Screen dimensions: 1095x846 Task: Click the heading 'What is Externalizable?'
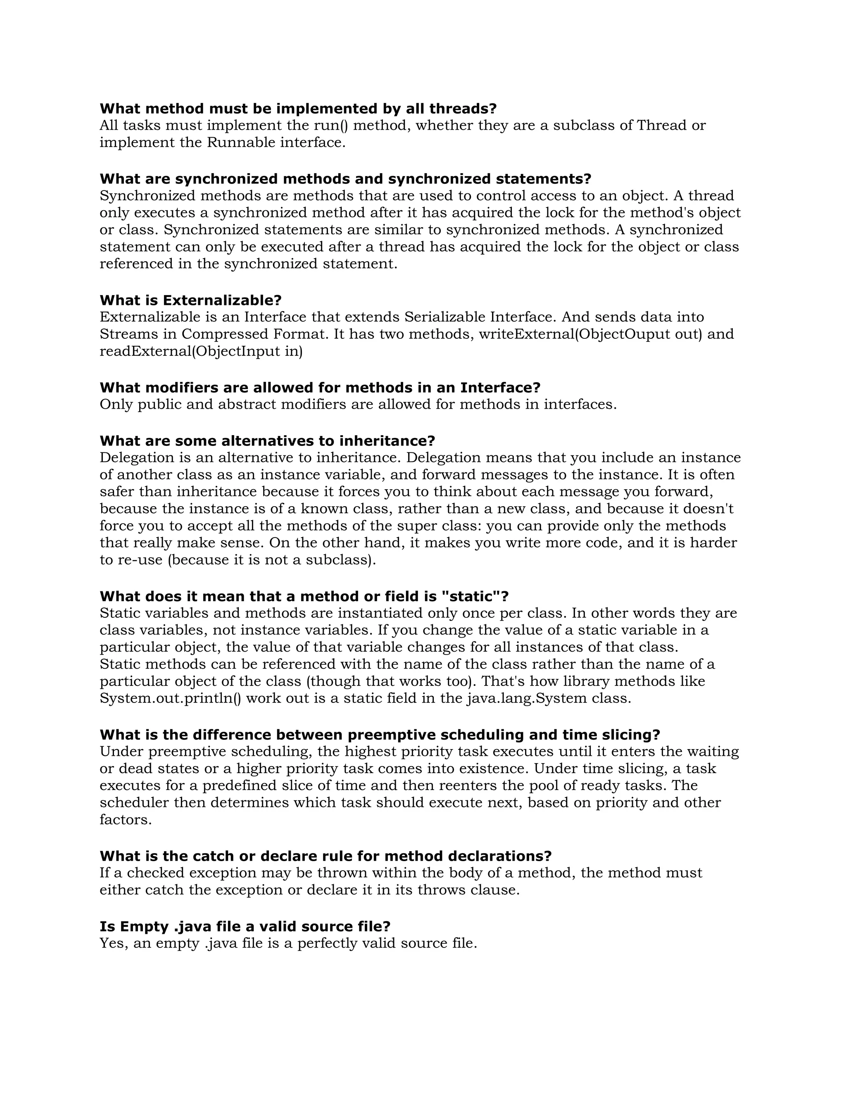coord(190,300)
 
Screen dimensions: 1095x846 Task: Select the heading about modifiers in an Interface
coord(320,388)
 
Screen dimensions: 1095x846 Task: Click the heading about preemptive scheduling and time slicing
coord(379,735)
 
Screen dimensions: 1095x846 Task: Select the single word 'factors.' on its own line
coord(125,820)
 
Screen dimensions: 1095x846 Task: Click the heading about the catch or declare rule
coord(325,856)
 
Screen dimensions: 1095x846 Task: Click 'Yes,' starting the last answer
coord(114,944)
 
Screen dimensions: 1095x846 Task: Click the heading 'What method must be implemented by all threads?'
coord(298,109)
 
